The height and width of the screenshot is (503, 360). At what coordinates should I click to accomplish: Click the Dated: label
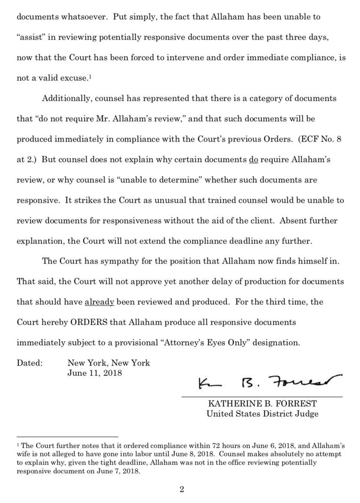[x=30, y=363]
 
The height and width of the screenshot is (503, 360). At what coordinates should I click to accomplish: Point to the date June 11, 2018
[x=95, y=373]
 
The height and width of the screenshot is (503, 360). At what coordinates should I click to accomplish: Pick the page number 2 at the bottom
[x=180, y=490]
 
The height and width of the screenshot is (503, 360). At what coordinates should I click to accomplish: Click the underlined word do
[x=254, y=159]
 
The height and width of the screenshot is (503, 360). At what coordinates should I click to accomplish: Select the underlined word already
[x=99, y=302]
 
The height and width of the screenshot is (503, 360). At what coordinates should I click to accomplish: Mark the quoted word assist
[x=32, y=37]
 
